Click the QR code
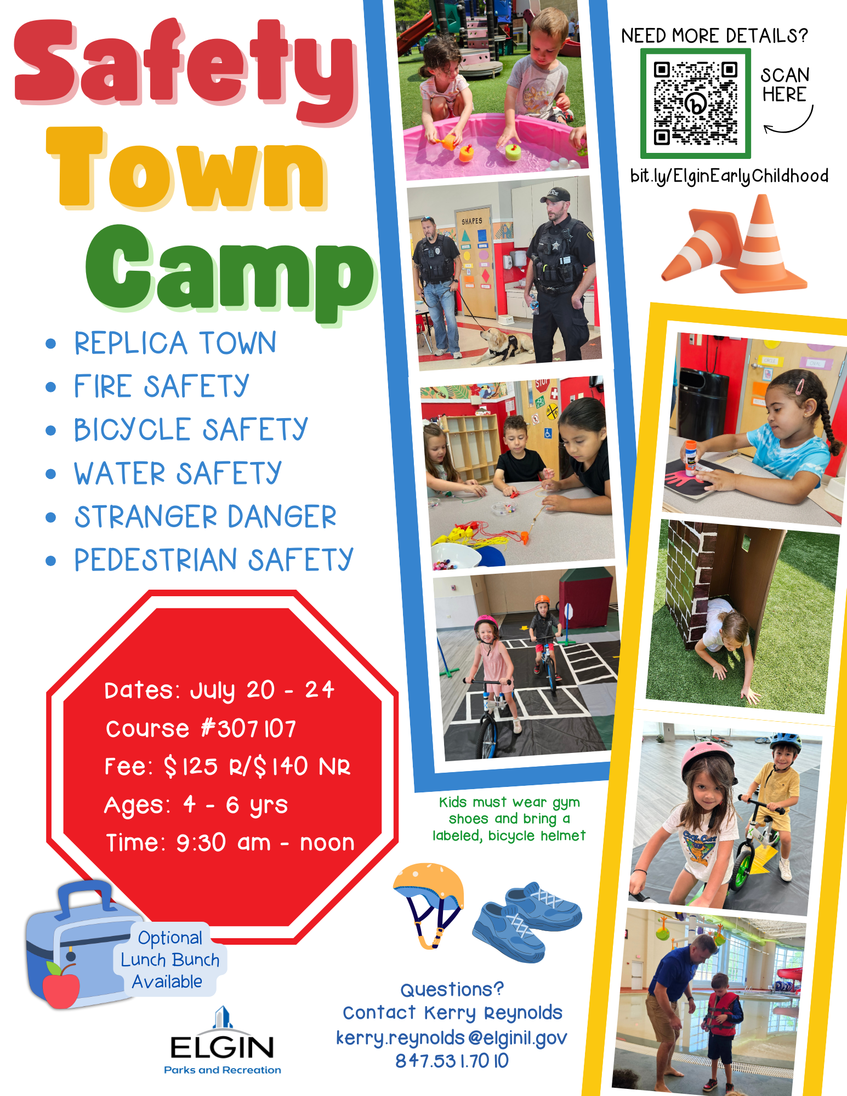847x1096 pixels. pos(695,103)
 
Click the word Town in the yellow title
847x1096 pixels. pos(186,168)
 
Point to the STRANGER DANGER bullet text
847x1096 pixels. pos(206,517)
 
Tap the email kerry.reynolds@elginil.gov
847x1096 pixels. pos(451,1037)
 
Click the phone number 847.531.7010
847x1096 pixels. pos(452,1061)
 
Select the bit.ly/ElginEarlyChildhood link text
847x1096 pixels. pos(729,176)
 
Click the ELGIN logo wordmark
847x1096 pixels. pos(222,1047)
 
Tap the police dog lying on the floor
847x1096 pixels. pos(502,345)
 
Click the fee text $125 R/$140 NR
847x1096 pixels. pos(257,766)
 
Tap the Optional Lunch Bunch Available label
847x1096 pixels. pos(169,960)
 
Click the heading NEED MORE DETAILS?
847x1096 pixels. pos(715,36)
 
